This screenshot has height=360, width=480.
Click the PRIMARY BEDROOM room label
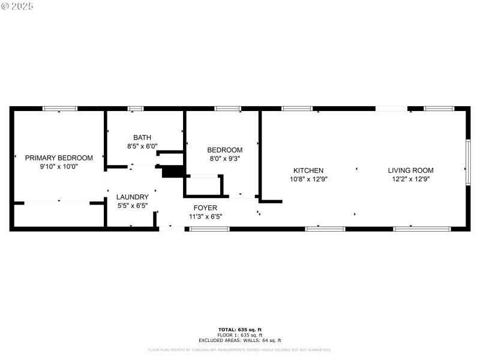click(59, 158)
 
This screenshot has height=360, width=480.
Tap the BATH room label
click(142, 137)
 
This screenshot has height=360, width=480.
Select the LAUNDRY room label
click(132, 197)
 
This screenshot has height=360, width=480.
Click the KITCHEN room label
click(308, 170)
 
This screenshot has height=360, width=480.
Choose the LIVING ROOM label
click(410, 170)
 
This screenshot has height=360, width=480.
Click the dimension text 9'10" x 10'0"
click(59, 166)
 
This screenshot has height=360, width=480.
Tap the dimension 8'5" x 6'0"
click(142, 146)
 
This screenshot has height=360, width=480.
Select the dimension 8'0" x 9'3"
click(224, 158)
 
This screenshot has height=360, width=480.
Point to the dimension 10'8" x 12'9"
click(308, 179)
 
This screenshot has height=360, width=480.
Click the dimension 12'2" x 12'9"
click(410, 179)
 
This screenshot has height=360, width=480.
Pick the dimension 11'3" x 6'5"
click(205, 217)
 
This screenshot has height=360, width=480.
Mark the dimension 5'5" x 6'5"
click(132, 205)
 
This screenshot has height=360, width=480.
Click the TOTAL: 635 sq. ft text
click(239, 329)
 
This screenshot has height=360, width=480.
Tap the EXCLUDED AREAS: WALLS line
click(239, 340)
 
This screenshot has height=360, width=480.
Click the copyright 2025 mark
click(17, 6)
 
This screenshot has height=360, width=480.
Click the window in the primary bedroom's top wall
click(59, 109)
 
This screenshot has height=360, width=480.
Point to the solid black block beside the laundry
click(172, 172)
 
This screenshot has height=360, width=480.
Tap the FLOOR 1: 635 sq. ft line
click(239, 335)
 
